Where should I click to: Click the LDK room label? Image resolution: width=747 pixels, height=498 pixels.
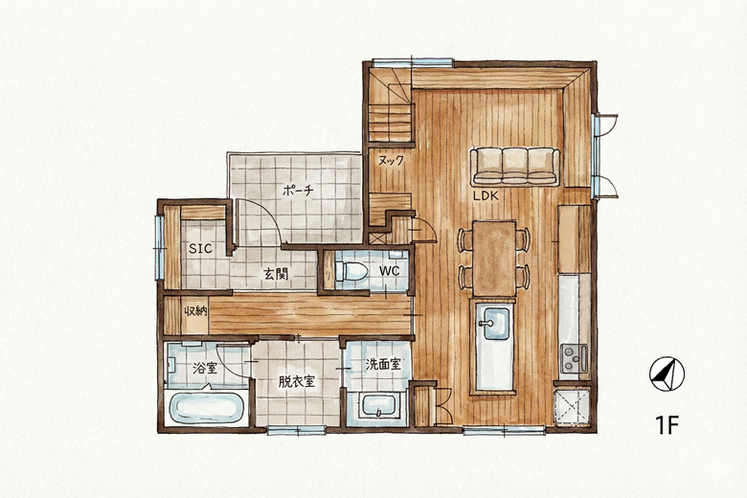[x=486, y=195]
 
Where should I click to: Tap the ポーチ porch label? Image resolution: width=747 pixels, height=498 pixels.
[x=298, y=192]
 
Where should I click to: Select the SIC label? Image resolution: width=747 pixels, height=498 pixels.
[x=200, y=248]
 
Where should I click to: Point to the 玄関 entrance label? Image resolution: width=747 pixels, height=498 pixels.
[x=277, y=274]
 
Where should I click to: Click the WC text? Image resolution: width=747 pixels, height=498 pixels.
[x=389, y=271]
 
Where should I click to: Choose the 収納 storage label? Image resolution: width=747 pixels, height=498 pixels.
[x=195, y=311]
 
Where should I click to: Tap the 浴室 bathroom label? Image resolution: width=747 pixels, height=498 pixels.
[x=205, y=368]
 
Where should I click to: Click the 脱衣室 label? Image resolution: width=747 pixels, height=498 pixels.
[x=296, y=381]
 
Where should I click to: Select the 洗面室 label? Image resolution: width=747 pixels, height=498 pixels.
[x=382, y=365]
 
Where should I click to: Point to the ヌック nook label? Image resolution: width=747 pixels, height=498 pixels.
[x=391, y=161]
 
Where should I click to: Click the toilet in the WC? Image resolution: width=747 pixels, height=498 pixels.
[x=351, y=271]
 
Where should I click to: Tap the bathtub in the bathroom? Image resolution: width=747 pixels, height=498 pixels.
[x=206, y=407]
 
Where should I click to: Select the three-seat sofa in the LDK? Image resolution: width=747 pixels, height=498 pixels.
[x=515, y=167]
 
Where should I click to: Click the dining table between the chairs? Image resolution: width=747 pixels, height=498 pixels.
[x=494, y=259]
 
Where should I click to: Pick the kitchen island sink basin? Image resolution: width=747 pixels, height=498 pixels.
[x=496, y=323]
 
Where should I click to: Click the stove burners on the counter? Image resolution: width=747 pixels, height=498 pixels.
[x=574, y=358]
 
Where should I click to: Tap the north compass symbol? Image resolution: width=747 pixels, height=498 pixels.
[x=667, y=374]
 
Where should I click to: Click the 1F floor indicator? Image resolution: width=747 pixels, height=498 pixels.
[x=667, y=425]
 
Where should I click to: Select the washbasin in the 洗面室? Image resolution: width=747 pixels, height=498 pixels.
[x=378, y=406]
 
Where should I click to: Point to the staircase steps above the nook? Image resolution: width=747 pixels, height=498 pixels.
[x=390, y=105]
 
